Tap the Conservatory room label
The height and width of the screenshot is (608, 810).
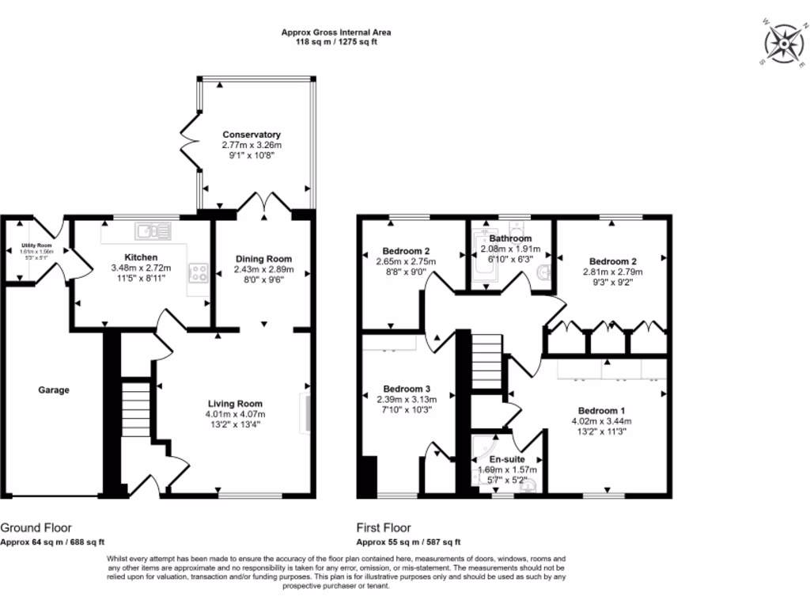tap(252, 135)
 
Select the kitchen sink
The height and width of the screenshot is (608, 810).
tap(153, 230)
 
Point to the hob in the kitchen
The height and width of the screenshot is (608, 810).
tap(197, 274)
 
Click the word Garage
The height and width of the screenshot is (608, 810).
tap(55, 390)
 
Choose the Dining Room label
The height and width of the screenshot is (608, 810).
tap(264, 259)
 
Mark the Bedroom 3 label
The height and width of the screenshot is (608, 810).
tap(407, 389)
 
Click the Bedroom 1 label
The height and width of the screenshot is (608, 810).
tap(601, 410)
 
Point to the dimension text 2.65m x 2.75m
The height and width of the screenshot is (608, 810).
tap(407, 261)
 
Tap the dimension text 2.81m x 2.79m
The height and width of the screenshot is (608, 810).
tap(613, 272)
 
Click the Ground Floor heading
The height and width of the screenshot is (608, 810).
tap(36, 527)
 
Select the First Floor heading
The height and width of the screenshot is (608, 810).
tap(384, 527)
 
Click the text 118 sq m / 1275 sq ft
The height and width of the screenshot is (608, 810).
tap(336, 43)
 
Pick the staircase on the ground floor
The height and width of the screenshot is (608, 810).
tap(134, 408)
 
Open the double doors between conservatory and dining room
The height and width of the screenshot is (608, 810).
tap(264, 204)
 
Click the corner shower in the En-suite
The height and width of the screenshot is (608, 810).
tap(483, 451)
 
